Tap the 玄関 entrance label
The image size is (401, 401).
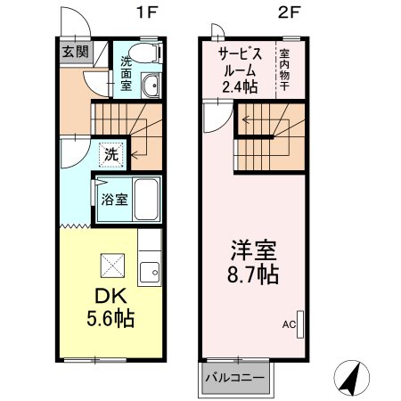tap(74, 52)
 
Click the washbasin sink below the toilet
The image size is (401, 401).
tap(151, 87)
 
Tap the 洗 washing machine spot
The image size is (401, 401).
tap(111, 152)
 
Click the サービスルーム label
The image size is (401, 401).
tap(239, 61)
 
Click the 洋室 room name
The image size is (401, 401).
tap(254, 248)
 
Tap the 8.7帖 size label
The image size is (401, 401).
tap(253, 274)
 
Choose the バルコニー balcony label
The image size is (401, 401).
tap(234, 378)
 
